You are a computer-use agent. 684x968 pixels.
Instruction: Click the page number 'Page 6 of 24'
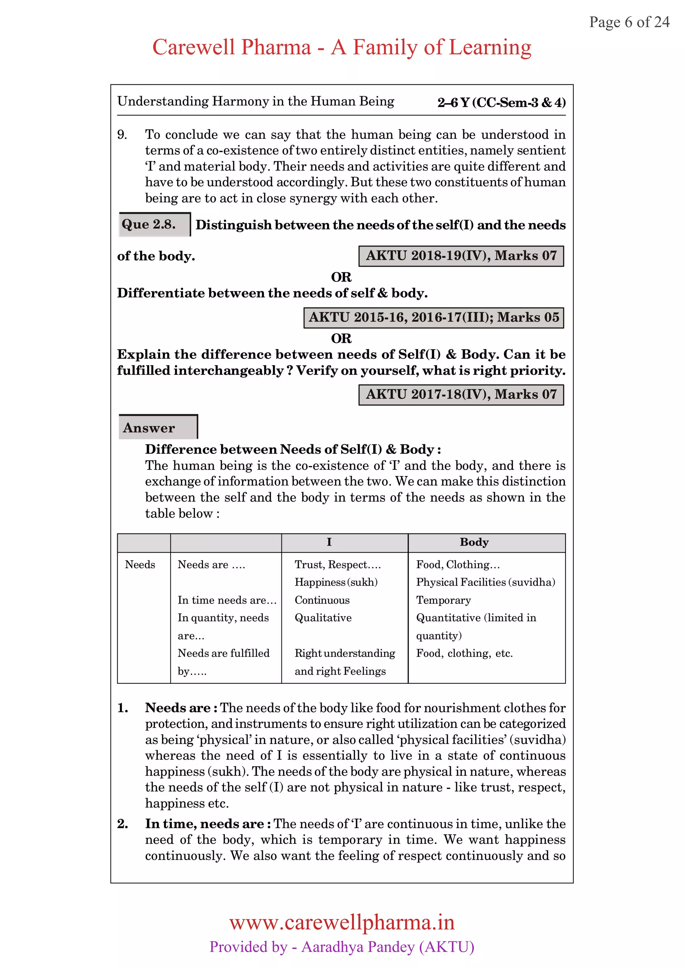tap(629, 22)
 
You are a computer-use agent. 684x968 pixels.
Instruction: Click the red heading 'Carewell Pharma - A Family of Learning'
tap(341, 47)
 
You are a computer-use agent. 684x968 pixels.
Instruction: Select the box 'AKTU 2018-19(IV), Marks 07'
tap(461, 256)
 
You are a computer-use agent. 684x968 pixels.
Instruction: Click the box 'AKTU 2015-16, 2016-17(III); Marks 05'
tap(434, 317)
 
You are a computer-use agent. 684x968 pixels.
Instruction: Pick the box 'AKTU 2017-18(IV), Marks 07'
tap(461, 394)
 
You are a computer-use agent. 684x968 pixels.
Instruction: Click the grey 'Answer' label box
tap(158, 427)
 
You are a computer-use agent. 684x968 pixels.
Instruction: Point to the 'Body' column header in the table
tap(474, 542)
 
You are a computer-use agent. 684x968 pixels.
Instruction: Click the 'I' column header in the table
tap(329, 542)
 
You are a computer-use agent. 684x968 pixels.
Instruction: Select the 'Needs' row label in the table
tap(140, 564)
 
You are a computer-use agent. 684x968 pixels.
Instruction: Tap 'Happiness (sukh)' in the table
tap(336, 582)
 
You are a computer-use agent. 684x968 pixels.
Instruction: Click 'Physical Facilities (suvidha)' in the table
tap(486, 582)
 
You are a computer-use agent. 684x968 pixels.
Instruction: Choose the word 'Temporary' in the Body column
tap(443, 600)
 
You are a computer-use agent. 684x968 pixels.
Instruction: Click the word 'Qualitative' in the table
tap(323, 618)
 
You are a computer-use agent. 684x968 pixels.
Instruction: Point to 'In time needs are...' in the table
tap(227, 600)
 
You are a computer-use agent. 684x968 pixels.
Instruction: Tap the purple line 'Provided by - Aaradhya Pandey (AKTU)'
tap(342, 947)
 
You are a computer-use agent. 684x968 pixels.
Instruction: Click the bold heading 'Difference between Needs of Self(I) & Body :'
tap(293, 450)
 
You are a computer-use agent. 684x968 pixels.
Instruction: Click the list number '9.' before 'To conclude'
tap(122, 135)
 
